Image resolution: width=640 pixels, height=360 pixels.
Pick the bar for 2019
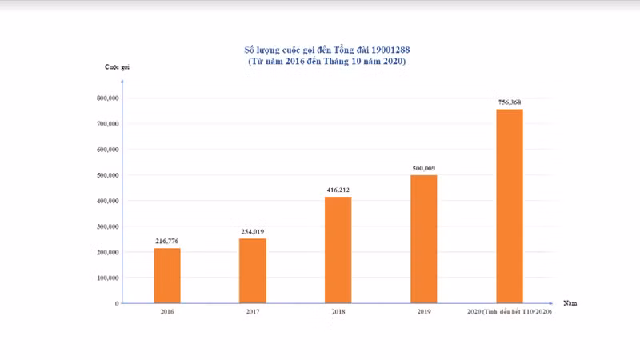(x=424, y=238)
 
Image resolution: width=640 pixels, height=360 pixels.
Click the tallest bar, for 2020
(x=510, y=206)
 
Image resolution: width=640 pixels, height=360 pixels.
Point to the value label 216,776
(x=167, y=241)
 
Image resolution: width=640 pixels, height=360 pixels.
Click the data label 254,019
(x=253, y=232)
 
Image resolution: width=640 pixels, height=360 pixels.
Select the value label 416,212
(x=338, y=190)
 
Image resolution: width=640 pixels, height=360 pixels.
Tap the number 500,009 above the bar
(x=424, y=168)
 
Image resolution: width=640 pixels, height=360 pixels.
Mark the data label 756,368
(x=510, y=102)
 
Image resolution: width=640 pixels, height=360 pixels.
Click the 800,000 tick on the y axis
(x=108, y=98)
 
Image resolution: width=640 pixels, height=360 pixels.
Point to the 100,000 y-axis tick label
(x=108, y=278)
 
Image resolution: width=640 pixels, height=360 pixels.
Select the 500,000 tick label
(x=108, y=175)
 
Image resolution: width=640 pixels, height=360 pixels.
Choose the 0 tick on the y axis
(x=117, y=303)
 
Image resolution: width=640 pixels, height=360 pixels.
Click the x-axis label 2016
(x=167, y=311)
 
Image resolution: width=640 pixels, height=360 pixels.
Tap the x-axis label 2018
(x=338, y=311)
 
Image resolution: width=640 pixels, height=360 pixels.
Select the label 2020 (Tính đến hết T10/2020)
(x=510, y=311)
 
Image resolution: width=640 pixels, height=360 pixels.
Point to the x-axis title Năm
(x=570, y=303)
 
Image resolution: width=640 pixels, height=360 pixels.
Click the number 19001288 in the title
(x=387, y=50)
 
